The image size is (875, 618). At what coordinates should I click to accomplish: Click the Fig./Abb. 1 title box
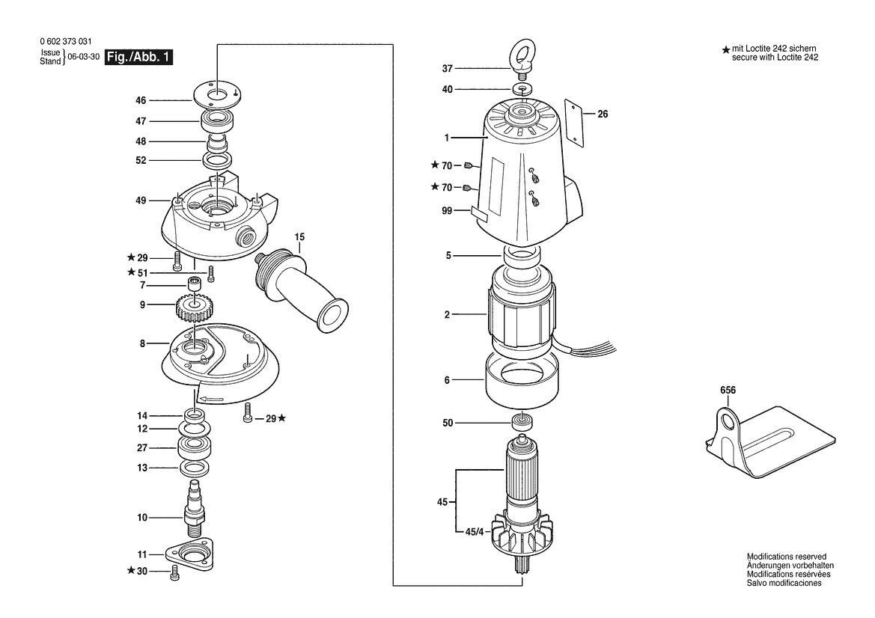pos(139,57)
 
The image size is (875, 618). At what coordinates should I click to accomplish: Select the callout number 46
pos(141,100)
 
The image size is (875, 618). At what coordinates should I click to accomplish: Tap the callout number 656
pos(728,391)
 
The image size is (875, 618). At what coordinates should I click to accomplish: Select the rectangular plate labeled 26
pos(573,122)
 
